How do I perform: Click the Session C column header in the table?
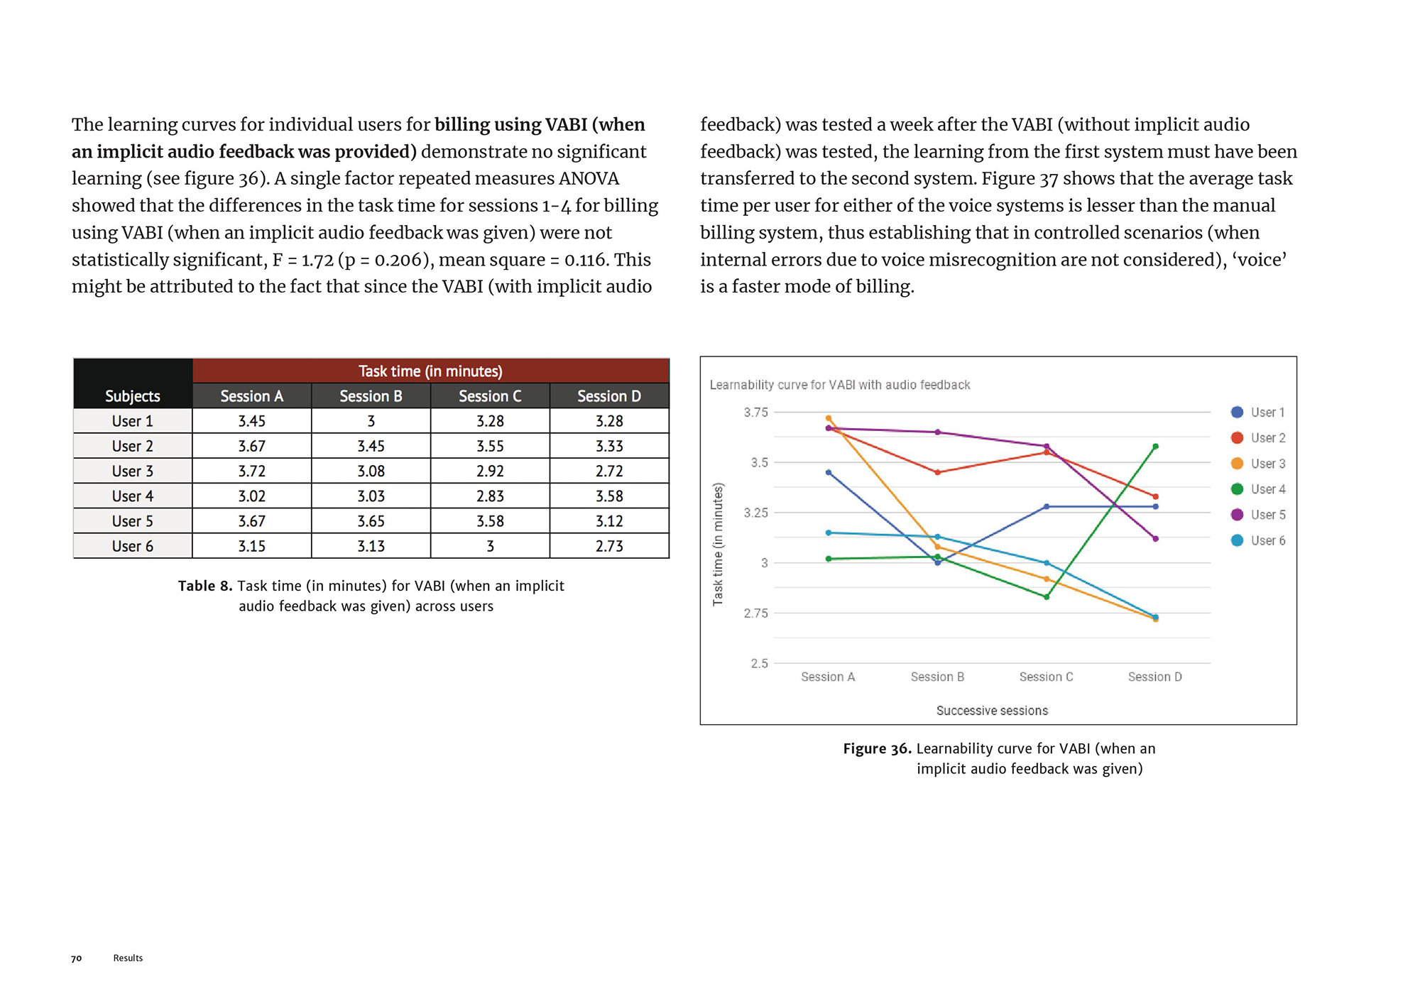click(x=490, y=396)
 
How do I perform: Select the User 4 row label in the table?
click(x=132, y=496)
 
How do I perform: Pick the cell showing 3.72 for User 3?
click(x=251, y=471)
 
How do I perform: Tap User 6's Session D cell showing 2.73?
click(x=609, y=546)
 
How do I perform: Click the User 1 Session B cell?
click(x=371, y=421)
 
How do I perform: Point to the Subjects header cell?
click(x=132, y=396)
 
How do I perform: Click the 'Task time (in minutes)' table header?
click(x=430, y=371)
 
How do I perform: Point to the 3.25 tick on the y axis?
click(x=755, y=513)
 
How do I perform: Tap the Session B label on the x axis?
click(x=937, y=677)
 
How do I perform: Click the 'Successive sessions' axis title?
click(x=992, y=711)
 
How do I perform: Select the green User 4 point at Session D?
click(x=1156, y=447)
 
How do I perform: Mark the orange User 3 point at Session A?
click(x=829, y=418)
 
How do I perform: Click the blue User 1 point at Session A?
click(x=829, y=472)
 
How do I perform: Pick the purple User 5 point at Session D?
click(x=1156, y=539)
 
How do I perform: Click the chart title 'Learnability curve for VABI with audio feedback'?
click(x=840, y=385)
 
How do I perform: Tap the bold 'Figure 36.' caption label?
click(x=877, y=748)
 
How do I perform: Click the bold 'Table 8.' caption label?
click(x=205, y=586)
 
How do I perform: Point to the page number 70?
click(x=77, y=959)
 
